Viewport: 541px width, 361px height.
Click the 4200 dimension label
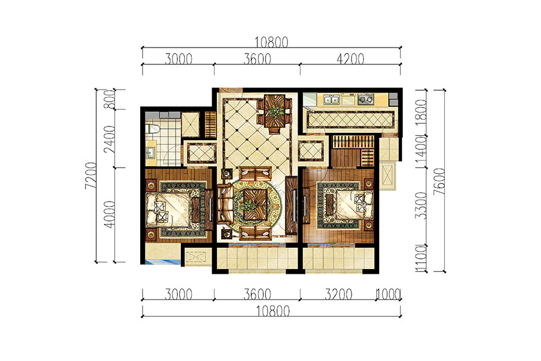click(350, 59)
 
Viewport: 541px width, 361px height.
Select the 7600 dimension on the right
click(439, 182)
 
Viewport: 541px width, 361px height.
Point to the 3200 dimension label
click(338, 295)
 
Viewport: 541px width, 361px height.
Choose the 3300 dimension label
click(421, 206)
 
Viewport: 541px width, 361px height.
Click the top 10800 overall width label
click(271, 42)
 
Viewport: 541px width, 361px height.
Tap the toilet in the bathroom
click(153, 129)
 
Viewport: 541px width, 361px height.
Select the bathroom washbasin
click(150, 152)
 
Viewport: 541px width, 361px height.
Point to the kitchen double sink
click(331, 100)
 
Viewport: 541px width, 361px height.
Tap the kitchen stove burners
click(365, 100)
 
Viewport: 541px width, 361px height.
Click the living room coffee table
click(255, 204)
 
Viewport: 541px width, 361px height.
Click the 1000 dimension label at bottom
click(388, 295)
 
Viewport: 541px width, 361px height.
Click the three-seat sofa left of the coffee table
click(224, 205)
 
